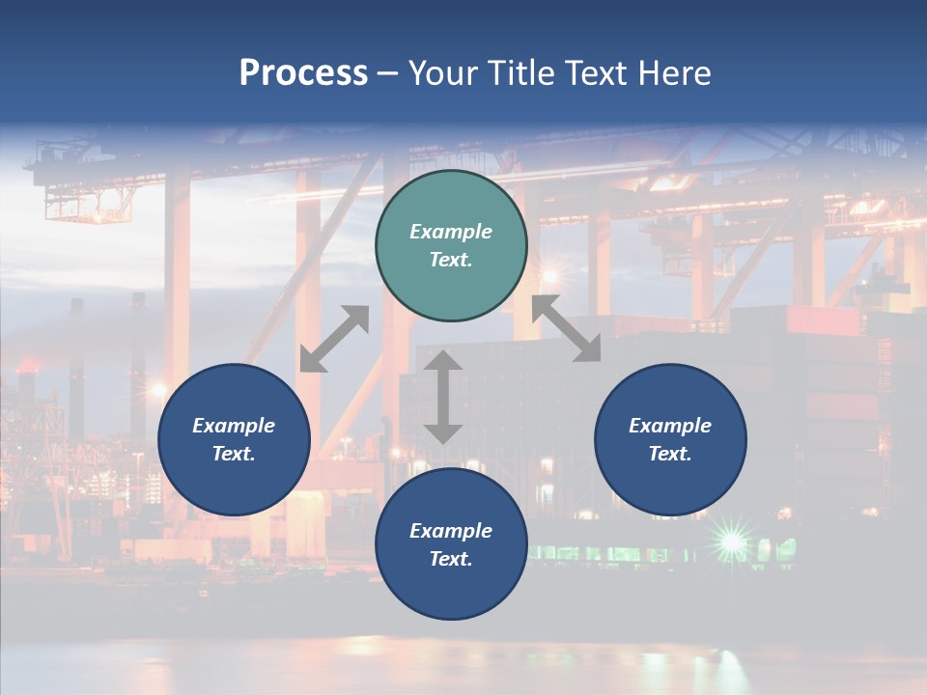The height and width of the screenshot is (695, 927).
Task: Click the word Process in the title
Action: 303,73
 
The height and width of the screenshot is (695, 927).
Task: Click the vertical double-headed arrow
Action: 443,397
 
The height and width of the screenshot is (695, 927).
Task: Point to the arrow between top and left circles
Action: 334,339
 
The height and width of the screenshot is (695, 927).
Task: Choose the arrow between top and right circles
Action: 567,329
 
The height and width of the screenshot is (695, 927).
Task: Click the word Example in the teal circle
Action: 451,232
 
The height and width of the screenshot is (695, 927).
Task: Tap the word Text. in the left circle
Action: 234,454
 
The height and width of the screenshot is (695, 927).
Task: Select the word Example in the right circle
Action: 670,426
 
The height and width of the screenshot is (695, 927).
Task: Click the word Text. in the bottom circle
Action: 451,559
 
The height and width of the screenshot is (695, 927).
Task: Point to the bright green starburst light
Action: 732,542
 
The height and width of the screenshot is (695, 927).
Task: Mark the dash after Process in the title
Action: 388,73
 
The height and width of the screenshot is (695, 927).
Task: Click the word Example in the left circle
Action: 234,426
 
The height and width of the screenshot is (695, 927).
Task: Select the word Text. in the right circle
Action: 670,454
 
